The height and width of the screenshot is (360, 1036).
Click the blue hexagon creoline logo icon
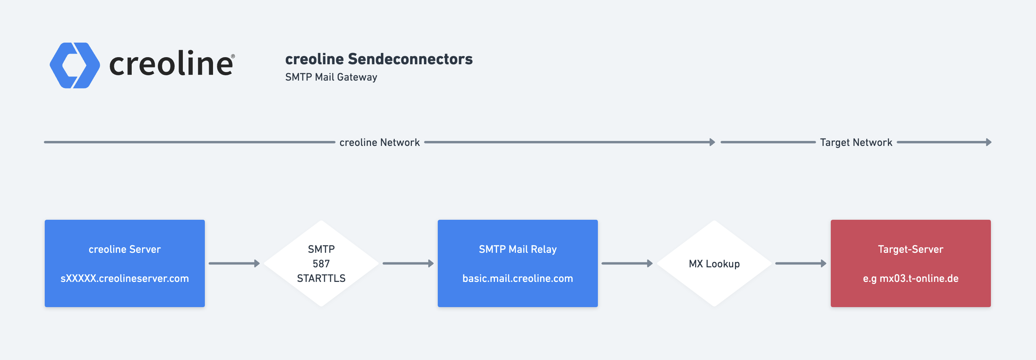pos(75,65)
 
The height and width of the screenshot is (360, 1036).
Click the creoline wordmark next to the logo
pos(172,64)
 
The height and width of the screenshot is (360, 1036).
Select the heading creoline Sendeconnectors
pos(379,59)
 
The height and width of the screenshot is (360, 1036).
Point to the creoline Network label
pos(379,142)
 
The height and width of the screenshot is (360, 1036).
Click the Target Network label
pos(856,142)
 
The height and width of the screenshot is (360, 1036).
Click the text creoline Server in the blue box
pos(125,249)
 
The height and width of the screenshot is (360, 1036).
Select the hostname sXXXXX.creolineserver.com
pos(125,278)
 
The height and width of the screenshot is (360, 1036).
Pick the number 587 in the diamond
pos(321,264)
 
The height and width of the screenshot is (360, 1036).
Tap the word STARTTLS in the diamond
pos(321,278)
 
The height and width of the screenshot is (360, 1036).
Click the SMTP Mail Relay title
pos(518,249)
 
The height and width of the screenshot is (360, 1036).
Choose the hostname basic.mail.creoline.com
pos(518,278)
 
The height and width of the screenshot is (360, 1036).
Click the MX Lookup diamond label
pos(714,264)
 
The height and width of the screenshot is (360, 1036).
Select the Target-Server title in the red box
pos(911,249)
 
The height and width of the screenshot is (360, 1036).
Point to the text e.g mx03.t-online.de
pos(911,278)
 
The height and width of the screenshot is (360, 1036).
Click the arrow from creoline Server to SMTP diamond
pos(234,263)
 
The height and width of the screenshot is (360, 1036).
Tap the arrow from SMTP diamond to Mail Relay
pos(408,263)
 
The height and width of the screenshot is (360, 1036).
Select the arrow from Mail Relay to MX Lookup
pos(627,263)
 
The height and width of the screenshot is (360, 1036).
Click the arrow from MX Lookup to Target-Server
pos(801,263)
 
